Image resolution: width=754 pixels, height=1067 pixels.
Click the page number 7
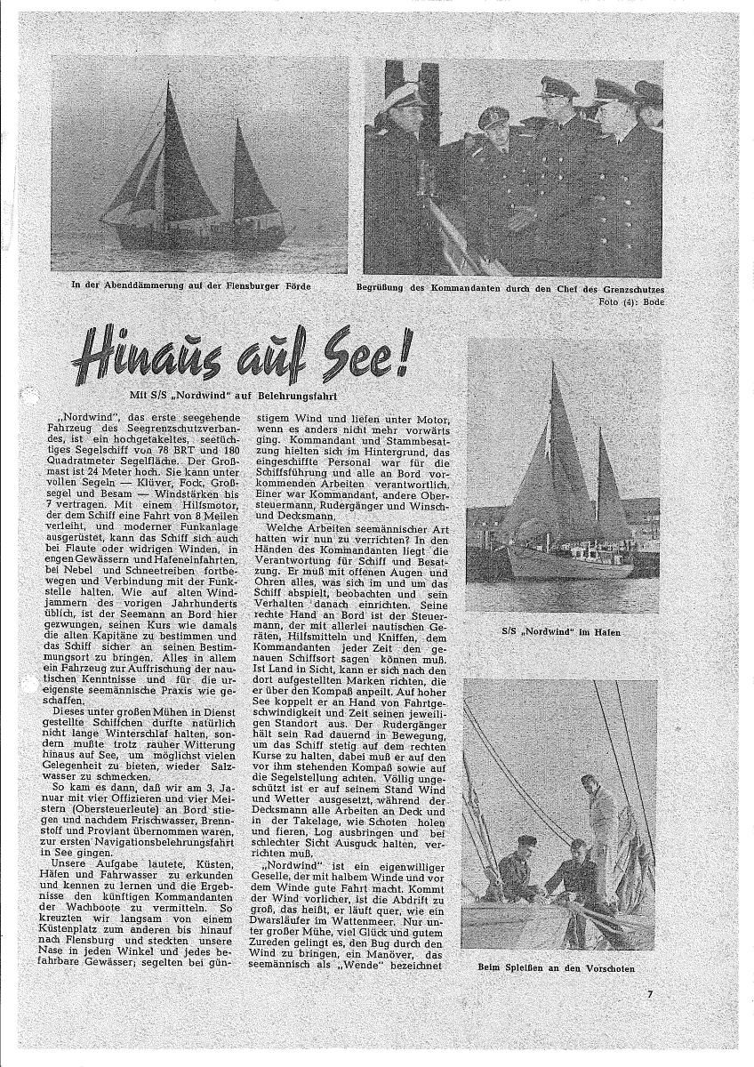coord(650,994)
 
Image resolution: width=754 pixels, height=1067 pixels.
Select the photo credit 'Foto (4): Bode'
coord(632,301)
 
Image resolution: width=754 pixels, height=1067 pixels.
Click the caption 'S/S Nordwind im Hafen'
coord(560,632)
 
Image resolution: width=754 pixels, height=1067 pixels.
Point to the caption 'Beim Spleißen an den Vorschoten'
coord(560,967)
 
